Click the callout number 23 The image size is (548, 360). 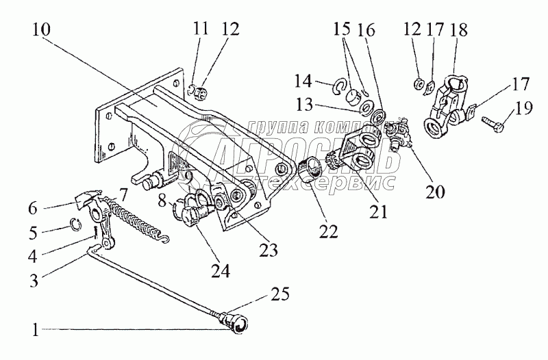[267, 250]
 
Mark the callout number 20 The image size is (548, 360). [436, 192]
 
